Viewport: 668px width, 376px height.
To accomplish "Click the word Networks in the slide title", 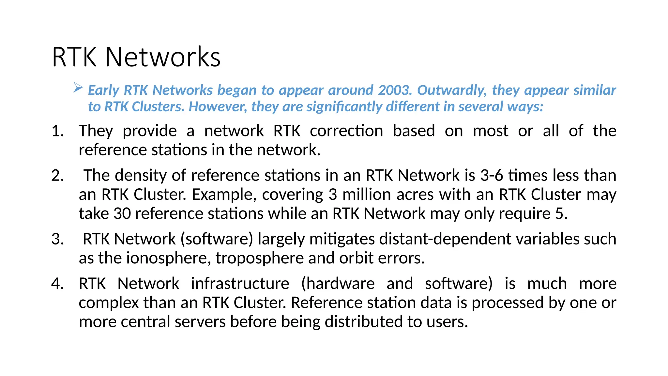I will pos(163,57).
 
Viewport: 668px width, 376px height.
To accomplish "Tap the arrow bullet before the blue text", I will pos(78,87).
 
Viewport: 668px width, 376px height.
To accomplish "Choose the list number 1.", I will pos(57,131).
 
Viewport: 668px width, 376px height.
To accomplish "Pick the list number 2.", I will pos(57,176).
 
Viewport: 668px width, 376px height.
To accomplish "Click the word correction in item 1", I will pos(346,131).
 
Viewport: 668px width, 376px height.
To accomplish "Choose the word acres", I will pos(415,195).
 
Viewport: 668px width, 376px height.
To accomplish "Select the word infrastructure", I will pos(240,284).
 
